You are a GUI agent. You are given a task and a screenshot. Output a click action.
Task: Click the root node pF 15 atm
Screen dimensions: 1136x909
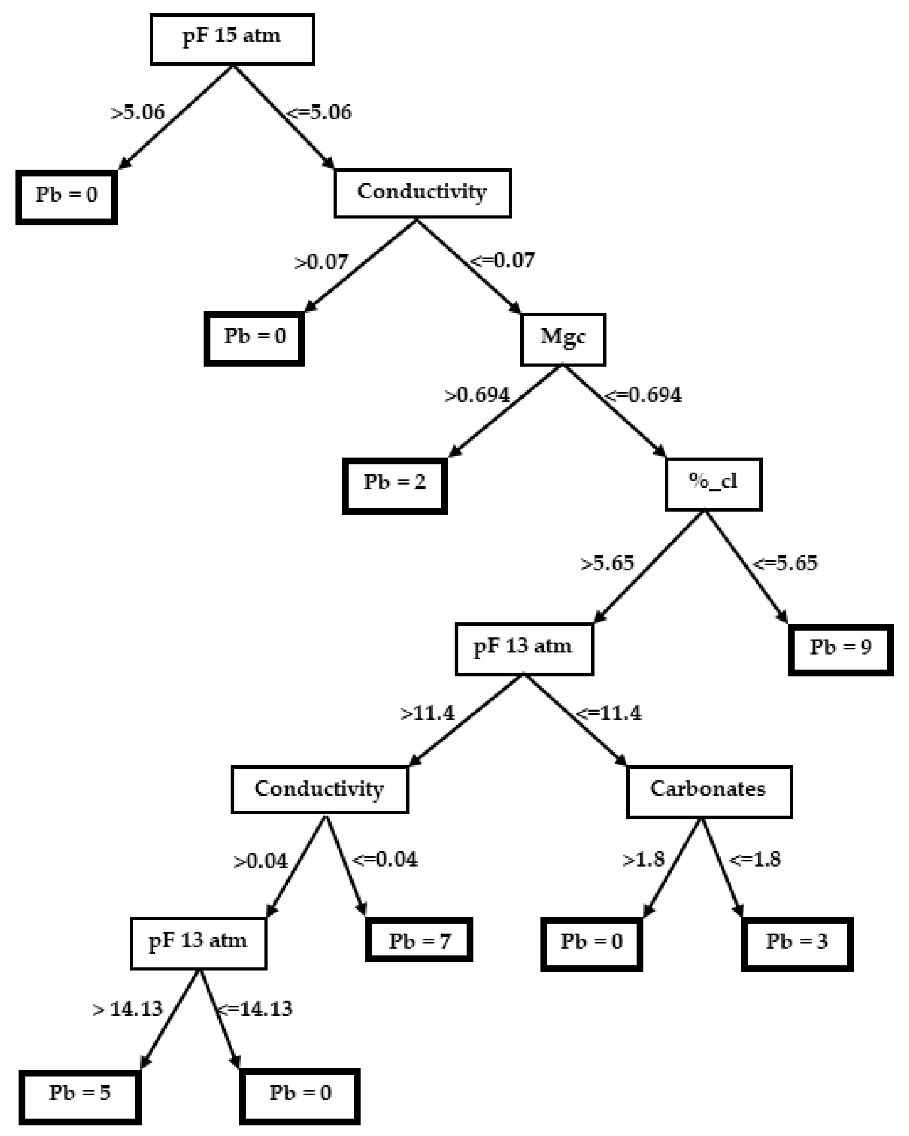pyautogui.click(x=232, y=39)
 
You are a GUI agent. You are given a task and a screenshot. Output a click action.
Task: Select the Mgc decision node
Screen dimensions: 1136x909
pyautogui.click(x=562, y=339)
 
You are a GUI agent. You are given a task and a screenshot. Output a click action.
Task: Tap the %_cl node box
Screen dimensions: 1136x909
pyautogui.click(x=713, y=484)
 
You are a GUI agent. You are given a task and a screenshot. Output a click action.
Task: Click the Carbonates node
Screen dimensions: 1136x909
pyautogui.click(x=709, y=792)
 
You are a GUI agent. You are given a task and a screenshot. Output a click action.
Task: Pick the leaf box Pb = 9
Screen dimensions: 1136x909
pyautogui.click(x=841, y=649)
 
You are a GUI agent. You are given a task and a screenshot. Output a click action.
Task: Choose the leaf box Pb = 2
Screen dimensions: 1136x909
pyautogui.click(x=394, y=485)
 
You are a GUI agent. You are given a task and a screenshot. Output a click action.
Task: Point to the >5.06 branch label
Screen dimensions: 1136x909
pyautogui.click(x=138, y=113)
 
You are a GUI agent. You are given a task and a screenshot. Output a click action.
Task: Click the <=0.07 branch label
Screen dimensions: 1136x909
pyautogui.click(x=503, y=261)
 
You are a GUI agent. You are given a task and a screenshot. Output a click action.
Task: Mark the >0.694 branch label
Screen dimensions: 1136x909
pyautogui.click(x=477, y=395)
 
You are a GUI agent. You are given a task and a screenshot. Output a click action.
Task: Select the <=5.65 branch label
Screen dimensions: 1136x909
pyautogui.click(x=785, y=563)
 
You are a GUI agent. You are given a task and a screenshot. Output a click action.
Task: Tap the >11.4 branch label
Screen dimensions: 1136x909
pyautogui.click(x=428, y=714)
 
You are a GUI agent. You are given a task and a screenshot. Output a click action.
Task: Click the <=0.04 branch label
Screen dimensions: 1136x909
pyautogui.click(x=385, y=859)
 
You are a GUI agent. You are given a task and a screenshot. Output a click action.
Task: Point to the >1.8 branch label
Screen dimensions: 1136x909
pyautogui.click(x=644, y=860)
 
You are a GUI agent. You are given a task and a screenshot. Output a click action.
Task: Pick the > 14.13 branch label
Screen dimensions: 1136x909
pyautogui.click(x=128, y=1009)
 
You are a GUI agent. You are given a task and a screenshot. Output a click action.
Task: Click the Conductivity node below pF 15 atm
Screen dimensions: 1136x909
pyautogui.click(x=422, y=193)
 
